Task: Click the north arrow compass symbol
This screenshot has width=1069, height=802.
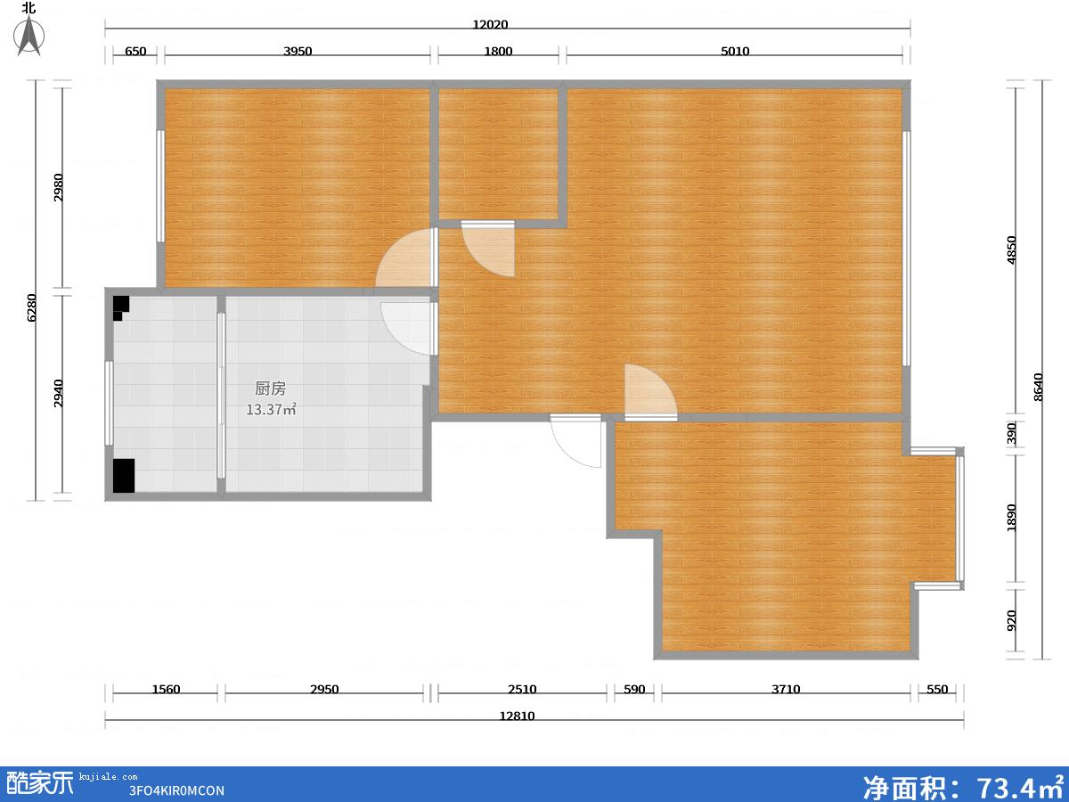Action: point(29,34)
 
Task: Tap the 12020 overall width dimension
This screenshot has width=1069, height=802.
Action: point(491,24)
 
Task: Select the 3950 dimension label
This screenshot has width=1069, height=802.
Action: point(298,51)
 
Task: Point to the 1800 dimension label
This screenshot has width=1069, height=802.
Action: point(498,51)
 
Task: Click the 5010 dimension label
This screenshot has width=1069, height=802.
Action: point(735,51)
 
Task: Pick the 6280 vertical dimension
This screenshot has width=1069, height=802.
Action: point(31,307)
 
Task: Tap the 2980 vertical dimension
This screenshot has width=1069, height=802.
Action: point(59,187)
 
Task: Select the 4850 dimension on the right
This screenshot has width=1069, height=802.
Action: point(1012,250)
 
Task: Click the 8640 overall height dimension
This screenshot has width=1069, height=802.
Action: point(1039,387)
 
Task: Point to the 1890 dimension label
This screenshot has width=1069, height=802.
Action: point(1012,518)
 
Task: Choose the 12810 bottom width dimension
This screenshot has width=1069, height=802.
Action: point(518,716)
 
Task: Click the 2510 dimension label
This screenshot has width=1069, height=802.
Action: point(522,689)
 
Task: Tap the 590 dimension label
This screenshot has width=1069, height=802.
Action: point(634,689)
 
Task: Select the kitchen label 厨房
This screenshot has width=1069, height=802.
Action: point(270,389)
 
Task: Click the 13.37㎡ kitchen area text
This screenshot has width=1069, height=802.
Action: point(272,409)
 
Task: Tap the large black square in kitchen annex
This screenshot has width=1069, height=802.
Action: point(124,476)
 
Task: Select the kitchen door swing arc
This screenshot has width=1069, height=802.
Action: point(396,336)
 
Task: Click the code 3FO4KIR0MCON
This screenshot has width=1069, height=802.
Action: point(176,790)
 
